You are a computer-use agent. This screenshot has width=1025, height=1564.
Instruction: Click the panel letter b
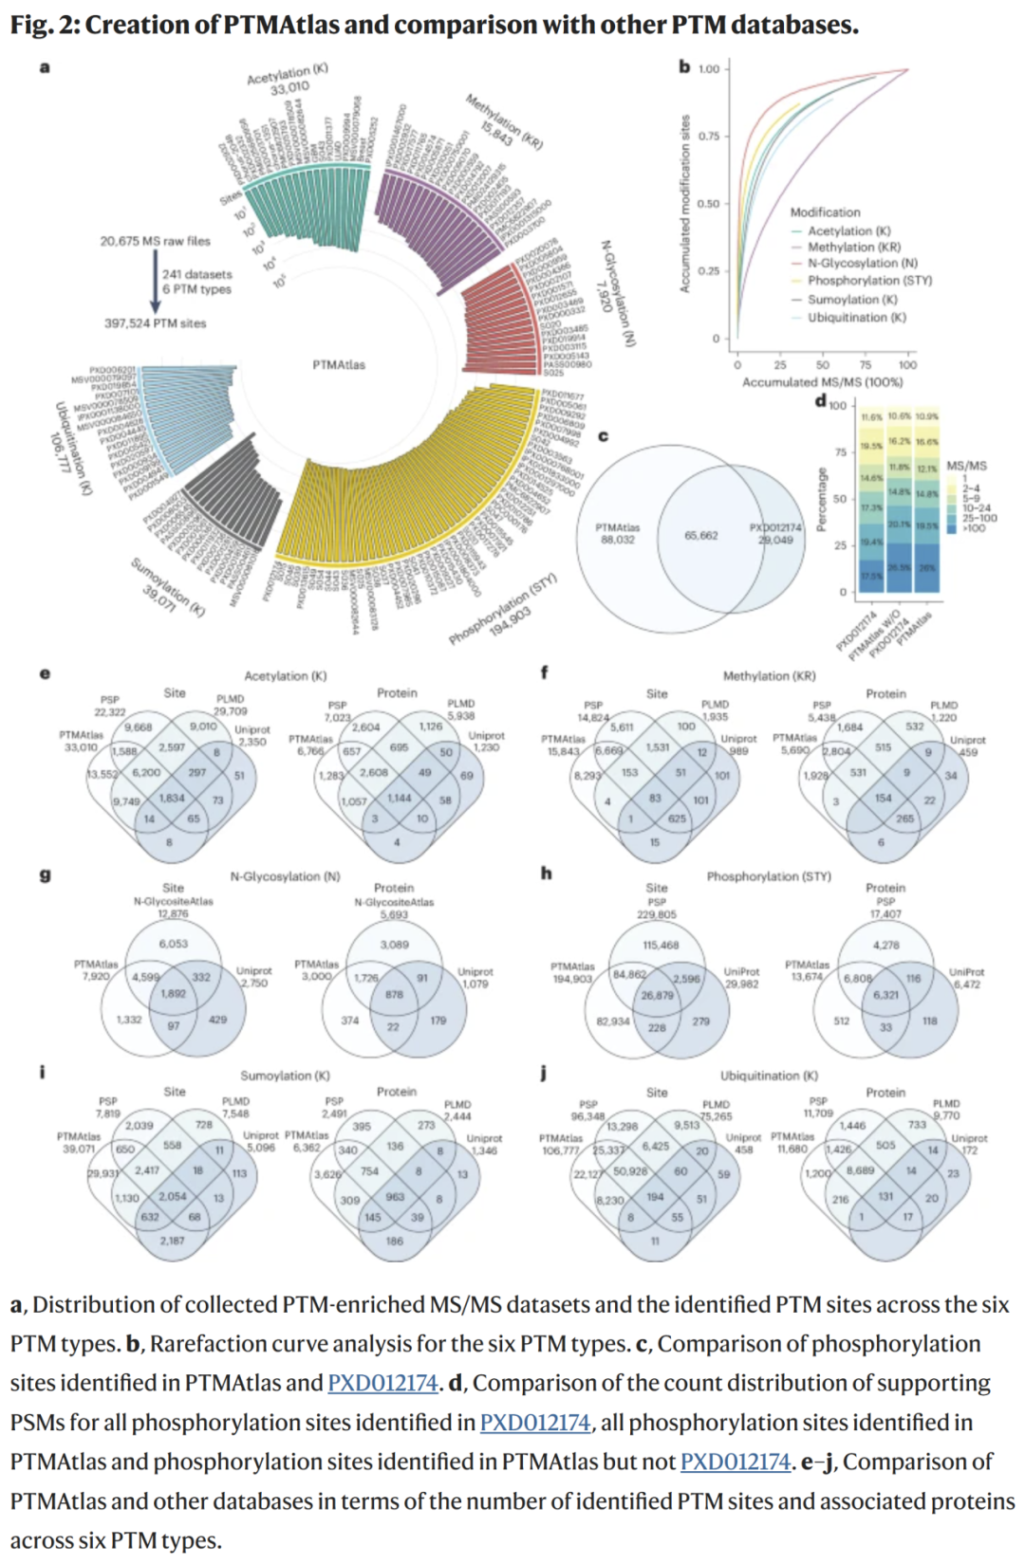point(684,66)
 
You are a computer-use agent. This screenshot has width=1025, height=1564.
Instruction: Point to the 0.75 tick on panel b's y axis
point(709,136)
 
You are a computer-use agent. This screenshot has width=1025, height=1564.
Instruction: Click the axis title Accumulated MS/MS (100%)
point(822,382)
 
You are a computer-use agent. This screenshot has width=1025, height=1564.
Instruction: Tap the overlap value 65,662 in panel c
point(701,536)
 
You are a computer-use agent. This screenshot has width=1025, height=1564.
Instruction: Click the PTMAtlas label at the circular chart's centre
point(339,365)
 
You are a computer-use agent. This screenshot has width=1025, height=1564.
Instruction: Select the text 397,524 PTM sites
point(155,323)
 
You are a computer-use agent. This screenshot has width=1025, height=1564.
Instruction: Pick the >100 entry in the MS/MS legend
point(974,528)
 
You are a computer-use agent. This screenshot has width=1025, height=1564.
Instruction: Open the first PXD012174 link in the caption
point(382,1383)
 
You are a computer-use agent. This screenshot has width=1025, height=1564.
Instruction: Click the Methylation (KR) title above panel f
point(769,676)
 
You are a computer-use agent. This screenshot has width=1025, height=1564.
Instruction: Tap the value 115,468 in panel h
point(661,946)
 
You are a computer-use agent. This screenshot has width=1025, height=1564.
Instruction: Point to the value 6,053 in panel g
point(174,944)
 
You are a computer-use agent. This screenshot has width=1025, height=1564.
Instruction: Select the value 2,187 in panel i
point(173,1241)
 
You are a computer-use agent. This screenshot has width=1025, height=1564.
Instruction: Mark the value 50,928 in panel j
point(630,1171)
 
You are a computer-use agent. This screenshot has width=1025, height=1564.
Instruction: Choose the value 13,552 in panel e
point(102,775)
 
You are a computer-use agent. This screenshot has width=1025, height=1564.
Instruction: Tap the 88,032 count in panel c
point(617,541)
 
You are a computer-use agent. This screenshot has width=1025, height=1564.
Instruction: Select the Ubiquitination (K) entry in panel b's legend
point(856,318)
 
